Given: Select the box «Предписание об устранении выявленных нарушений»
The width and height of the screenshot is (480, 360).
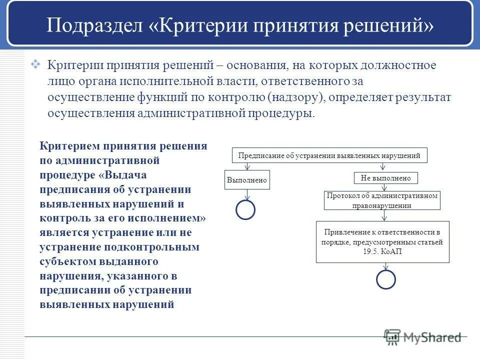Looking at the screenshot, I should (330, 155).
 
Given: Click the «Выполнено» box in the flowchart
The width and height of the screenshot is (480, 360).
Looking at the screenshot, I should (247, 179).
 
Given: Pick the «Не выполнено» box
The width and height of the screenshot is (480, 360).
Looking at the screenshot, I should (385, 178).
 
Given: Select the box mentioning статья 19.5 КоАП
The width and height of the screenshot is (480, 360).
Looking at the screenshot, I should (383, 242).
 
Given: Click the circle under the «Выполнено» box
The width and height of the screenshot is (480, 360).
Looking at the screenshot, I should (245, 209).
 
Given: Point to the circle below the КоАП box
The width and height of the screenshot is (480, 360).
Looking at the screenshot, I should (385, 279).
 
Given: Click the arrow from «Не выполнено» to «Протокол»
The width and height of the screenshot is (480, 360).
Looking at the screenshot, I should (384, 187).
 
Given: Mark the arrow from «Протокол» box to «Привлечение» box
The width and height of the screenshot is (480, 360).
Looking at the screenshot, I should (384, 215).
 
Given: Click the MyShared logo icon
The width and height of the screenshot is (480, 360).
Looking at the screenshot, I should (392, 337).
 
